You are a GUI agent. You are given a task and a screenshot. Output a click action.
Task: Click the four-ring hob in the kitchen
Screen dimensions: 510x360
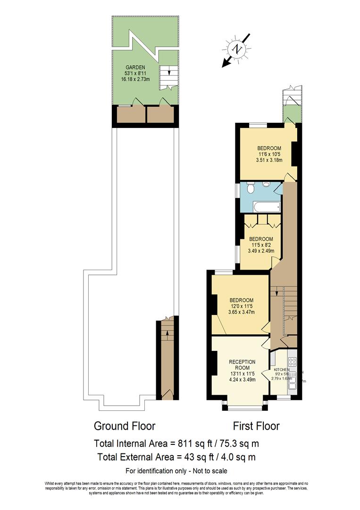(292, 362)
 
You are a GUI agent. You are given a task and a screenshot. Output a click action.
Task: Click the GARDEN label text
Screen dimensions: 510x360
(135, 67)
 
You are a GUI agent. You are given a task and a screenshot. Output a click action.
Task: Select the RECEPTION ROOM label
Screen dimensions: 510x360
(242, 365)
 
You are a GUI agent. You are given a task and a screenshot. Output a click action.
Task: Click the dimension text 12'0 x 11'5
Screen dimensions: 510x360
(242, 306)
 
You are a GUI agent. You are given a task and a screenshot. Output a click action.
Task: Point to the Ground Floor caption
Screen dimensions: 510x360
(125, 426)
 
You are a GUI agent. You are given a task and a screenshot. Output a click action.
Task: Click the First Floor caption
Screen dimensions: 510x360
(256, 426)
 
